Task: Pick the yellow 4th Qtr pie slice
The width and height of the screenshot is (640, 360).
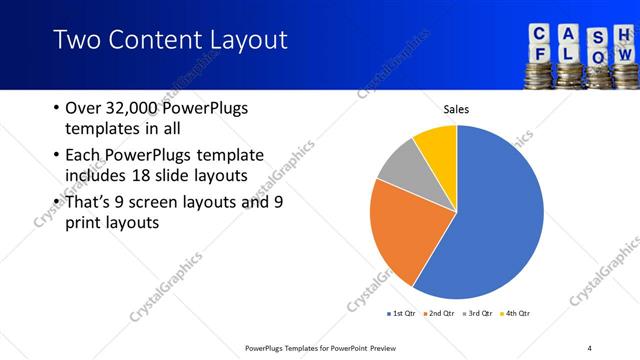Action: (x=438, y=146)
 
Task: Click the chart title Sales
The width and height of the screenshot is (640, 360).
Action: (x=456, y=109)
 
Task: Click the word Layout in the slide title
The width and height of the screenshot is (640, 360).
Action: (x=241, y=40)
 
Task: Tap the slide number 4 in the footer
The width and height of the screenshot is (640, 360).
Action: (x=590, y=347)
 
